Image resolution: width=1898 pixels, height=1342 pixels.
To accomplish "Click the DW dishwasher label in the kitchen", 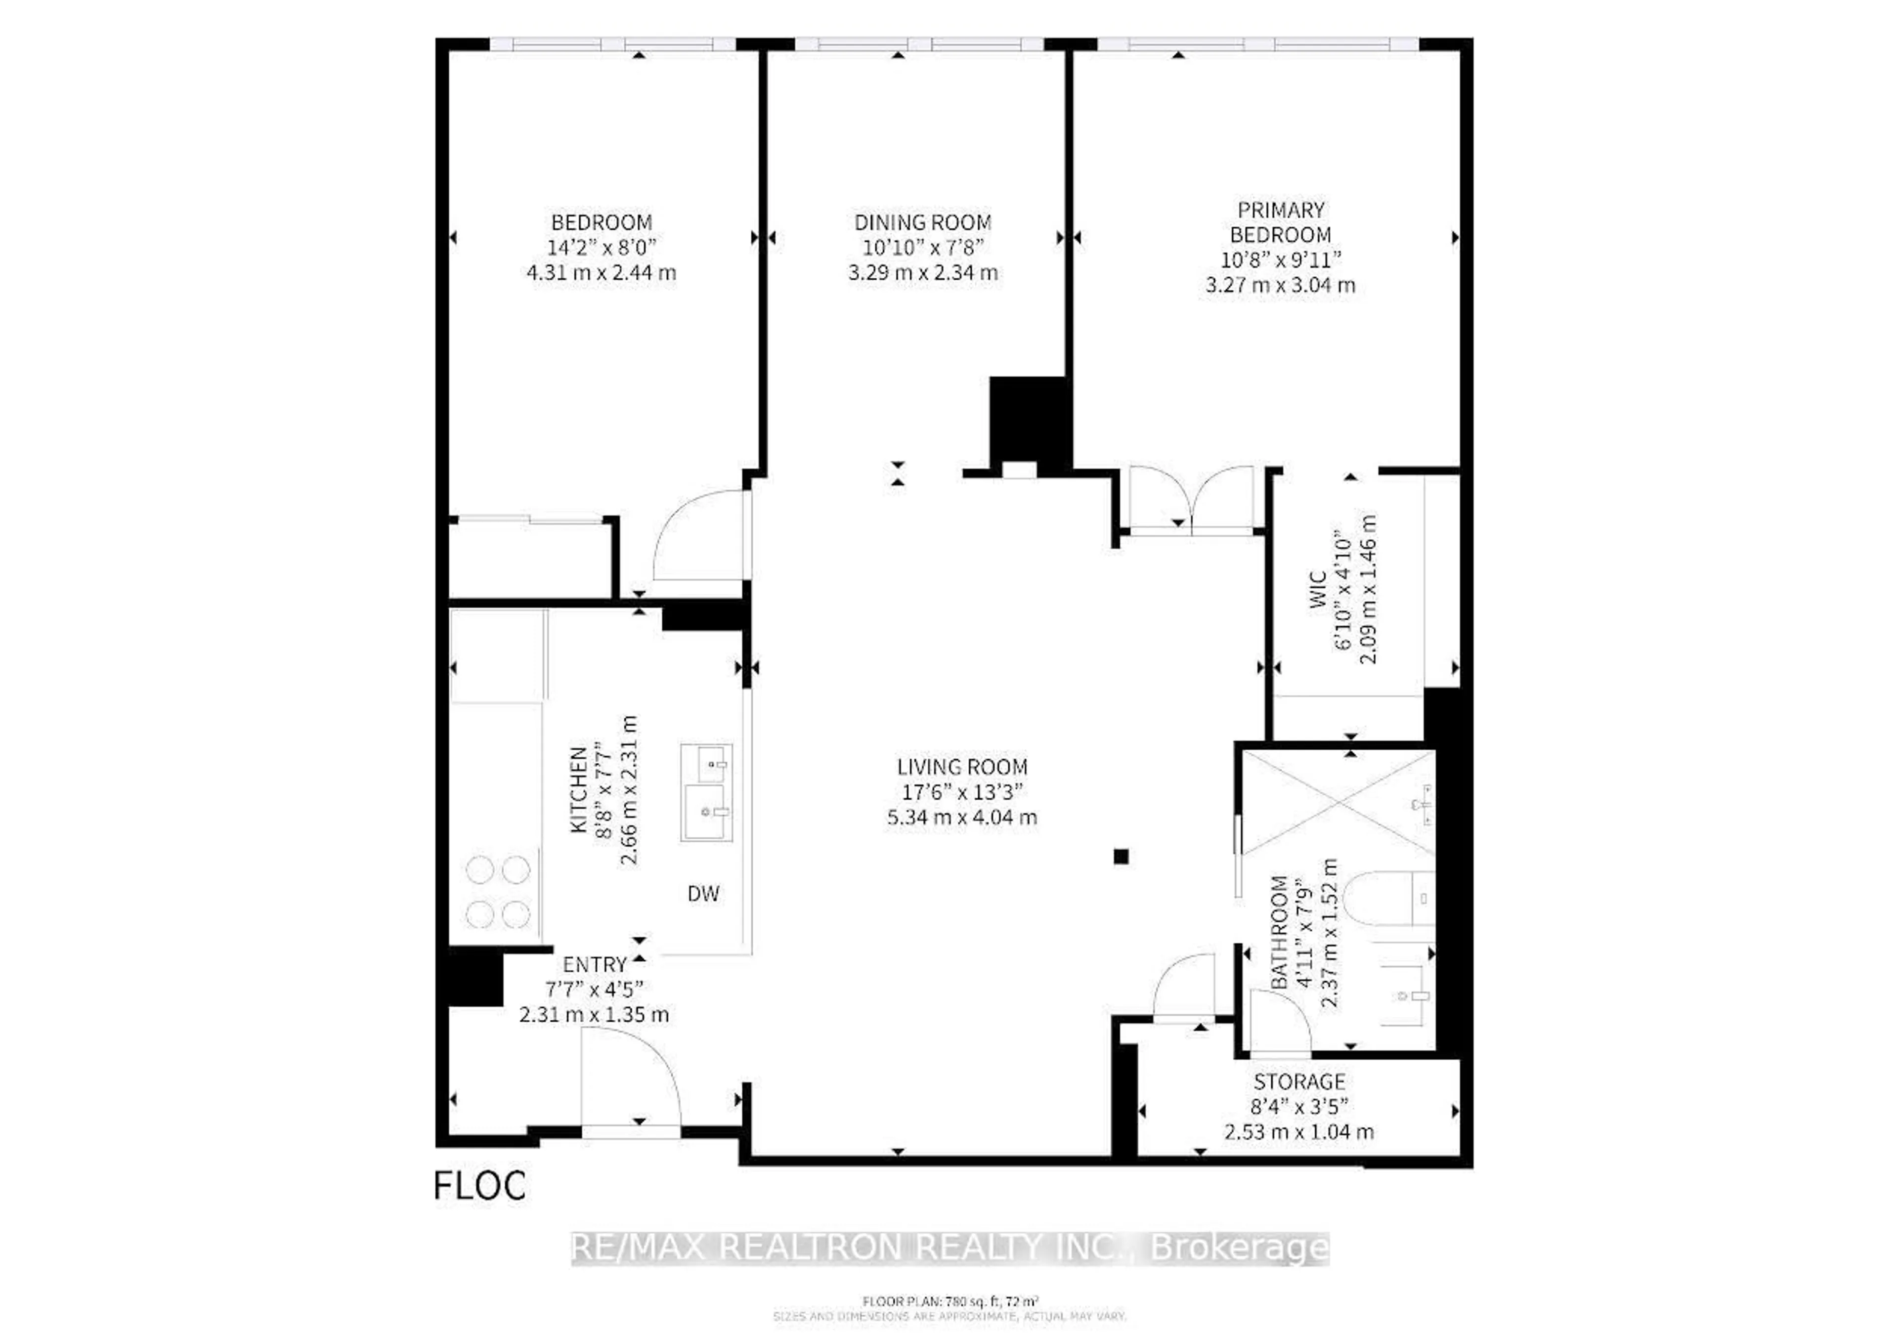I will (x=703, y=893).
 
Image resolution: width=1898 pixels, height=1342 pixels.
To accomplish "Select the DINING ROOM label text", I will (x=922, y=222).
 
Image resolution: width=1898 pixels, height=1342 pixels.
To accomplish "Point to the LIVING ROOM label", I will (x=962, y=767).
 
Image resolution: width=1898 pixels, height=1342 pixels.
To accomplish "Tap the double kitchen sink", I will (x=706, y=792).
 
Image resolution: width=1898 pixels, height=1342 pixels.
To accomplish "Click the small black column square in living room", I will (x=1121, y=857).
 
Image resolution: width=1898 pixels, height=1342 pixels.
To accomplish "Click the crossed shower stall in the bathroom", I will (x=1338, y=802).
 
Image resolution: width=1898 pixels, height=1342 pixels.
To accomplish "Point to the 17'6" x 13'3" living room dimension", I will (x=962, y=792).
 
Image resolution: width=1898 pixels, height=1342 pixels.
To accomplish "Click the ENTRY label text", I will (x=595, y=965).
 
